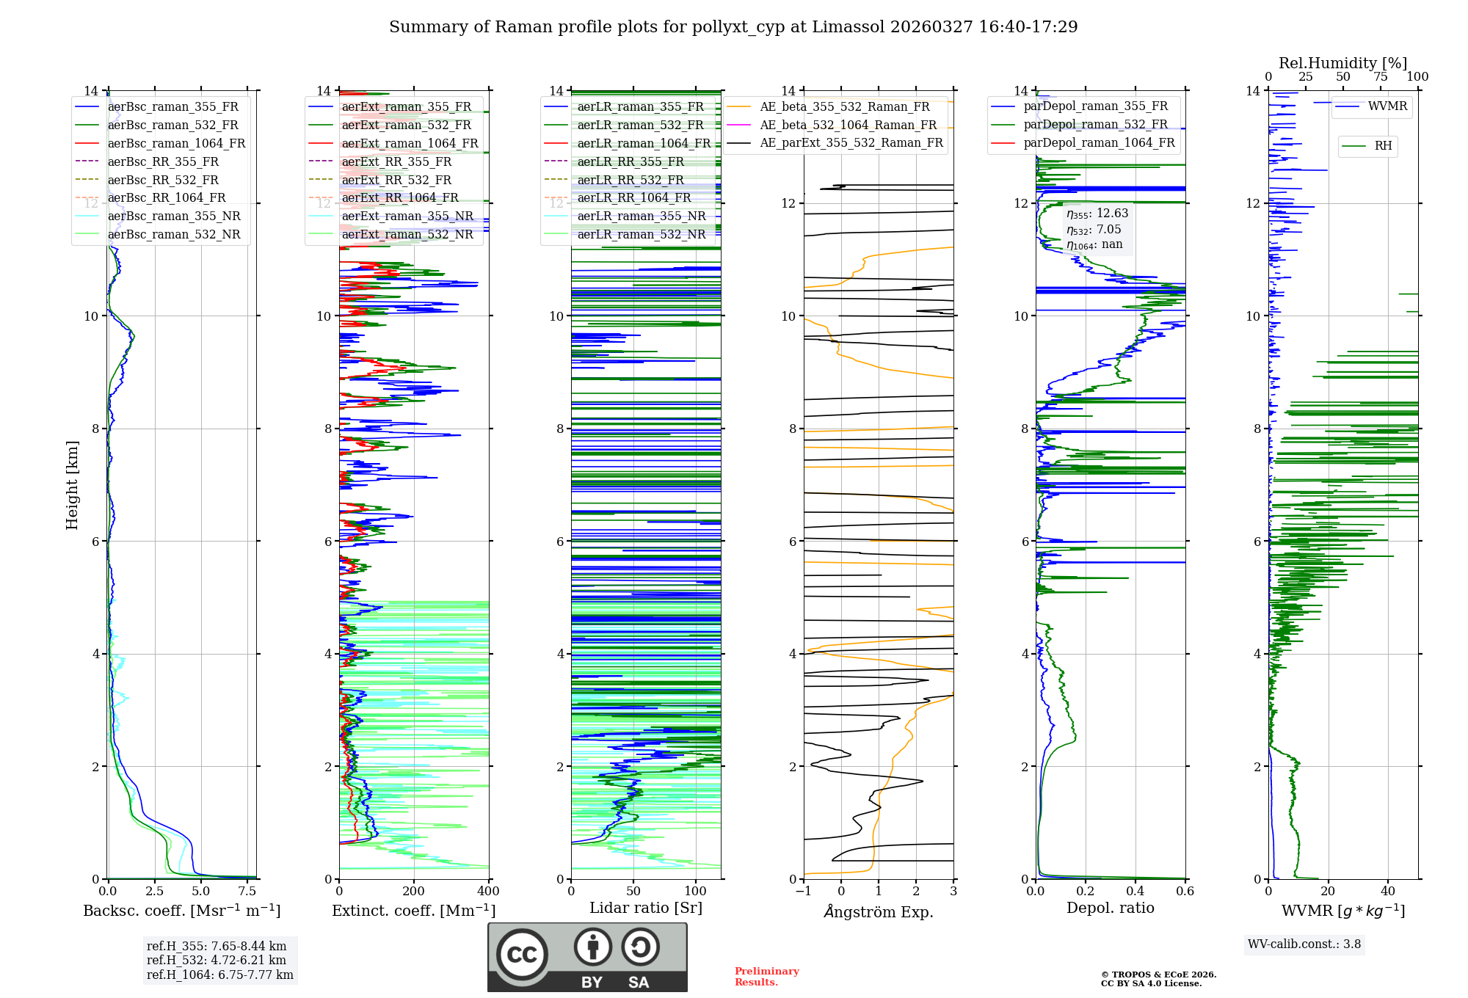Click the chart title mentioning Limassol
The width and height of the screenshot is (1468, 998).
tap(733, 27)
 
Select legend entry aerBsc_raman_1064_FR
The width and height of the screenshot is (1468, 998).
tap(176, 143)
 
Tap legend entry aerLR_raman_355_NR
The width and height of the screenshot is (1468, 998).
tap(641, 216)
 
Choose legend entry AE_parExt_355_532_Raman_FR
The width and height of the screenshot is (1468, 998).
tap(851, 142)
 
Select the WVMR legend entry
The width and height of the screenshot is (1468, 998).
tap(1387, 106)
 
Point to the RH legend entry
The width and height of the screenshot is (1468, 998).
tap(1383, 146)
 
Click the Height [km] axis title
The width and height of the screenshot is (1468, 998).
tap(72, 484)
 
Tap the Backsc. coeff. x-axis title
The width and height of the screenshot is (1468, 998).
tap(181, 911)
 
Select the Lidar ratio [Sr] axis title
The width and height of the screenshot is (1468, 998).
tap(646, 908)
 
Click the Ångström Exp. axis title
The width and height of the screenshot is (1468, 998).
tap(879, 912)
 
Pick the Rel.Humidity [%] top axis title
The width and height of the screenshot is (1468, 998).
tap(1342, 63)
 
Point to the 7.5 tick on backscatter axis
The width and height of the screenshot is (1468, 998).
tap(247, 892)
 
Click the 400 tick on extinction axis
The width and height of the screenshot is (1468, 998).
tap(488, 892)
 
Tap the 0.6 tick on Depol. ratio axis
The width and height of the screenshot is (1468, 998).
tap(1185, 892)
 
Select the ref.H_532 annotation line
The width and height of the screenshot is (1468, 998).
tap(216, 960)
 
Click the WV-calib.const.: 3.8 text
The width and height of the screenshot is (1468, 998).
tap(1304, 944)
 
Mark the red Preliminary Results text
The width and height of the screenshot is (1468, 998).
tap(766, 977)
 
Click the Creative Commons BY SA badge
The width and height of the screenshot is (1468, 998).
tap(587, 957)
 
